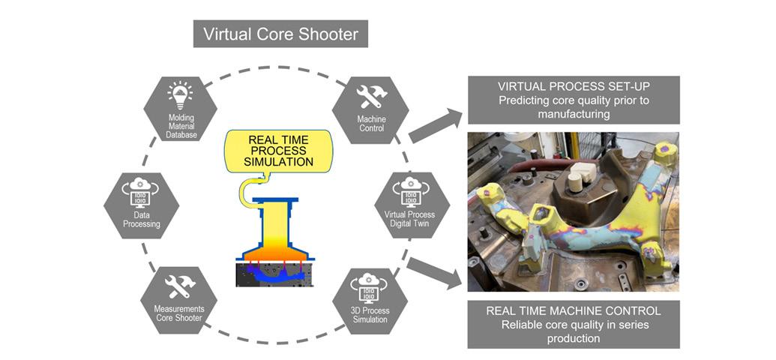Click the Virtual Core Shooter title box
coord(280,34)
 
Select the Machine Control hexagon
coord(370,108)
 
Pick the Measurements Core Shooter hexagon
coord(180,300)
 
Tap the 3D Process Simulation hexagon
coord(370,300)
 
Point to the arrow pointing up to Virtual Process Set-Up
coord(436,124)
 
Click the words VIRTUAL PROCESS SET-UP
coord(574,87)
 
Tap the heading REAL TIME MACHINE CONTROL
coord(574,310)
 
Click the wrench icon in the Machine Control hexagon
coord(370,97)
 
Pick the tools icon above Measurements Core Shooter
coord(180,286)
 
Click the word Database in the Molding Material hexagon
coord(180,135)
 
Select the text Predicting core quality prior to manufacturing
coord(574,107)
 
